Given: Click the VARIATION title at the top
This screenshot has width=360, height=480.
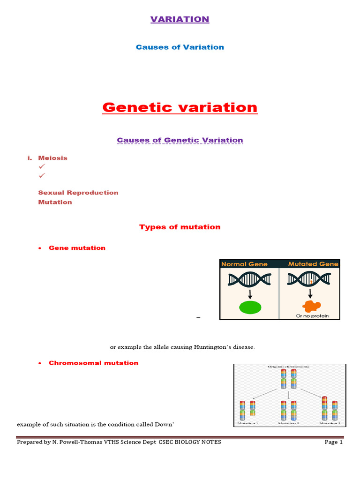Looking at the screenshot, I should (x=180, y=19).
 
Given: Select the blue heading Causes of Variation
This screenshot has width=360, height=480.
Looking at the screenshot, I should (x=180, y=47).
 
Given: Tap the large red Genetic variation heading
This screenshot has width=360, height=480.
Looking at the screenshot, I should (x=180, y=107).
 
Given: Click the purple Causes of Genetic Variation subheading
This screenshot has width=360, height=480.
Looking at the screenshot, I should (x=180, y=140).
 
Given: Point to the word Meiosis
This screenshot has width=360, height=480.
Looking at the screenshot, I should (x=52, y=158).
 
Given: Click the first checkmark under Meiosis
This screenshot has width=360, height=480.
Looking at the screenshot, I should (x=41, y=166).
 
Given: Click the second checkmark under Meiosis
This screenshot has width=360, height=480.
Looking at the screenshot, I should (x=41, y=175).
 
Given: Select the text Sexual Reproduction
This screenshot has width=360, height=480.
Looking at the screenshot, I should (x=78, y=193).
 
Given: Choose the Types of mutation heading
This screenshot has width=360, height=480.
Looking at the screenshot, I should (x=180, y=227).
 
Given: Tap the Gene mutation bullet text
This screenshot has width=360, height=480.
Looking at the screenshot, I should (x=77, y=248).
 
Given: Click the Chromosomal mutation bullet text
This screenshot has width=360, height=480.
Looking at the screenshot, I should (x=93, y=363).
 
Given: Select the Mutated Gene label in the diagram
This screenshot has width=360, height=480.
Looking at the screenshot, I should (x=313, y=264).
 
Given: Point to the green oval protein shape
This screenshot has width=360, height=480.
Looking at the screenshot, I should (x=250, y=307).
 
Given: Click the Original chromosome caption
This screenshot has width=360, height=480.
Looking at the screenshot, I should (x=289, y=367).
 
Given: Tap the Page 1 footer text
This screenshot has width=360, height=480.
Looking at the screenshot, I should (x=334, y=442).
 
